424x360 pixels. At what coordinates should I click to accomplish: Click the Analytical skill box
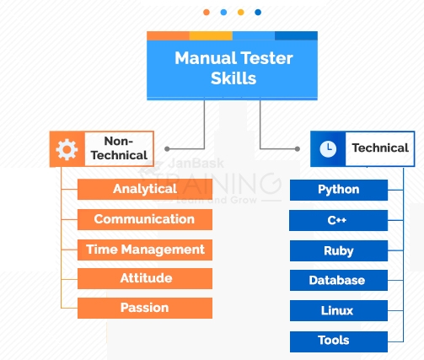click(x=145, y=189)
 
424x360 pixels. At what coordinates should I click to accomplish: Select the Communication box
click(x=145, y=219)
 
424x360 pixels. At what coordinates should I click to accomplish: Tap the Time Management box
click(x=145, y=250)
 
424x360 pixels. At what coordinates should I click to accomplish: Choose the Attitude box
click(x=145, y=278)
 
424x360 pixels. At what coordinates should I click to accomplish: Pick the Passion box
click(x=145, y=308)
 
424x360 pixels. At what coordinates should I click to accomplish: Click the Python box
click(x=339, y=190)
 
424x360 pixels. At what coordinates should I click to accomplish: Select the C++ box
click(x=339, y=220)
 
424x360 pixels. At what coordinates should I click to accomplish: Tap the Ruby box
click(x=339, y=250)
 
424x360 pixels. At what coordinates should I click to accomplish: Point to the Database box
click(x=339, y=281)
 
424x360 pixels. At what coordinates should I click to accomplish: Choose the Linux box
click(x=339, y=310)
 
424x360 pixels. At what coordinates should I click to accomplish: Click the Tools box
click(x=339, y=341)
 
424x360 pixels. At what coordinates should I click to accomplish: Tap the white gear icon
click(x=67, y=149)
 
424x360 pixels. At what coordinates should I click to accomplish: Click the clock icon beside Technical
click(x=328, y=149)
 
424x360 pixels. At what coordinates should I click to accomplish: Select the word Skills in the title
click(x=233, y=78)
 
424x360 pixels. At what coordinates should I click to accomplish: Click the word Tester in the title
click(x=266, y=58)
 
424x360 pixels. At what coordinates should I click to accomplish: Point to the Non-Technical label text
click(x=119, y=148)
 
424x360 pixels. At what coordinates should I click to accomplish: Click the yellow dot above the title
click(x=241, y=13)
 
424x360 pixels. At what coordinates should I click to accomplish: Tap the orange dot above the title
click(x=207, y=13)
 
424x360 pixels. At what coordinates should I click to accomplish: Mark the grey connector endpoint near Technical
click(x=298, y=149)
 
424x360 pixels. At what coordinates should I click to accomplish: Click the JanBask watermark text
click(x=196, y=164)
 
